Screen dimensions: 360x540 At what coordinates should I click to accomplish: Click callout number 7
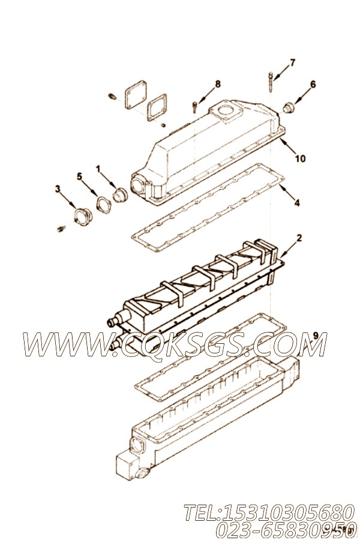tap(292, 62)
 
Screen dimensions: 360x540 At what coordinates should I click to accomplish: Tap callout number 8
tap(218, 83)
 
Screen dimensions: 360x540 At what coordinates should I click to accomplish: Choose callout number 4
tap(297, 203)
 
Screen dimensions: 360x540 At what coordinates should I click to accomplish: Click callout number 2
tap(299, 238)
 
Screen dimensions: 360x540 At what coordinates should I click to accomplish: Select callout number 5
tap(79, 176)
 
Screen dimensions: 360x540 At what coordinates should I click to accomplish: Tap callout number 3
tap(57, 189)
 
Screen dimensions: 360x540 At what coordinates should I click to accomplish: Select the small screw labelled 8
tap(196, 107)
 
